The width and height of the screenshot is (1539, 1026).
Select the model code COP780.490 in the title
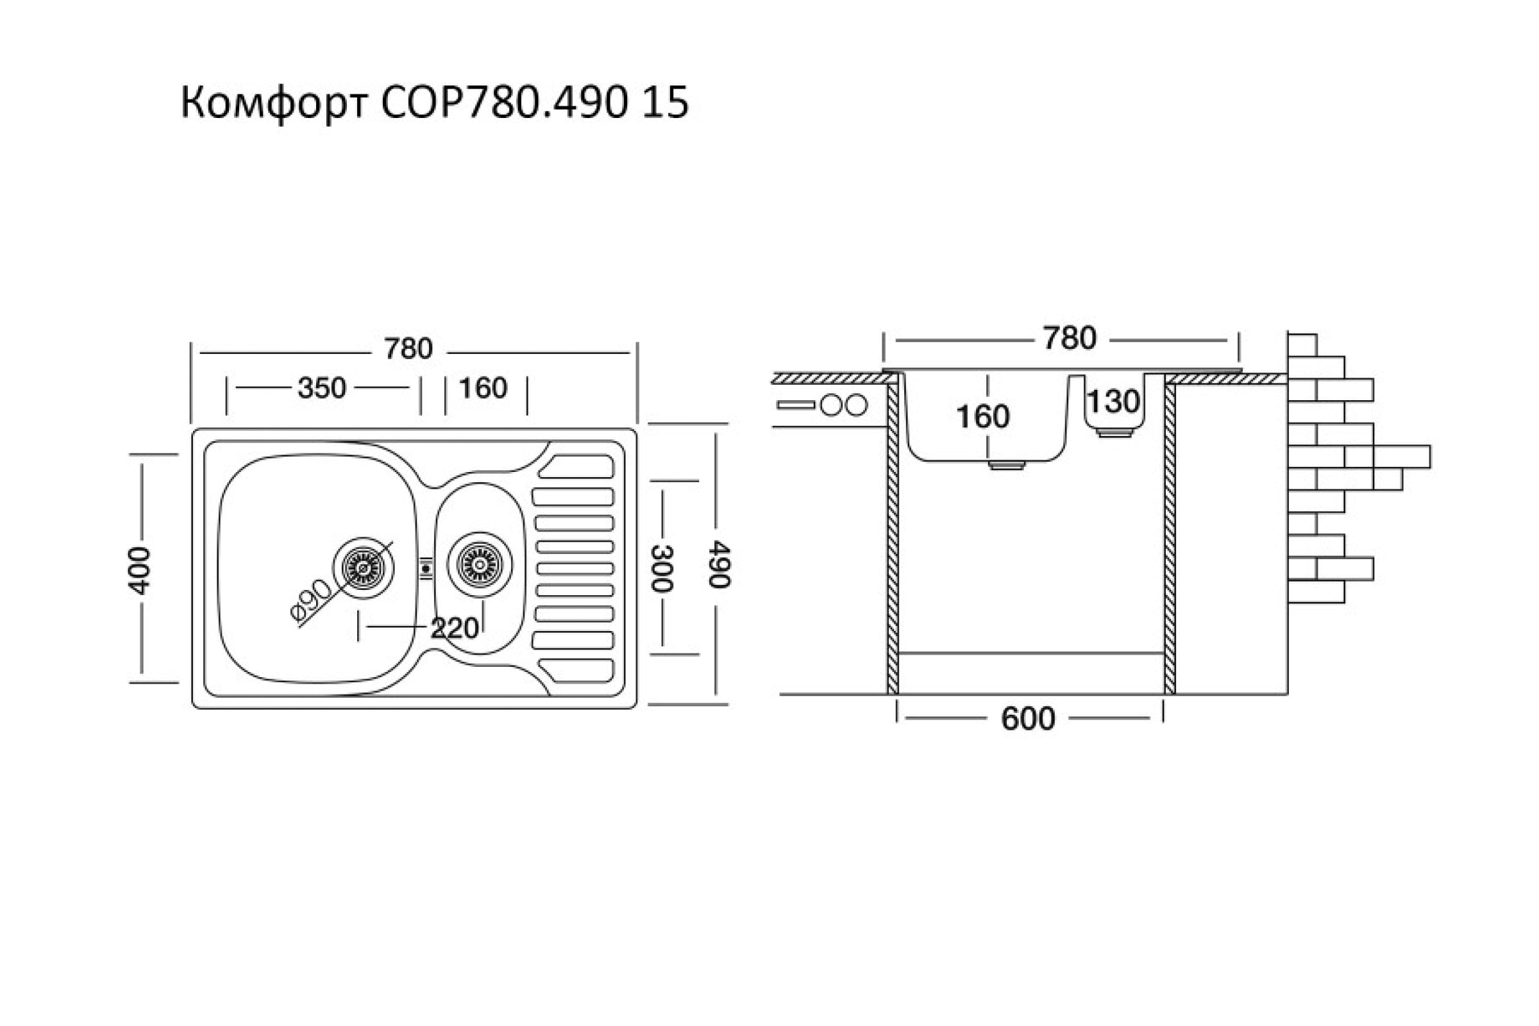[x=503, y=104]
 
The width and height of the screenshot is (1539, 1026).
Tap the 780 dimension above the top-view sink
[x=408, y=349]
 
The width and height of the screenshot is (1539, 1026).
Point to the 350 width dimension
[x=321, y=389]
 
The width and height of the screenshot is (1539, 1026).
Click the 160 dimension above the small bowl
[x=483, y=389]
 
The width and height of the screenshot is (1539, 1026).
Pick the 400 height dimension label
[x=139, y=570]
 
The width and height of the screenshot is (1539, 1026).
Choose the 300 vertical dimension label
[x=662, y=568]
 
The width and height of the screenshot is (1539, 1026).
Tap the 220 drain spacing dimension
[x=454, y=629]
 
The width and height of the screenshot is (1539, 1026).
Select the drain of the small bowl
[x=480, y=564]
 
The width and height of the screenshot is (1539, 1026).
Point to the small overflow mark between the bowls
[x=426, y=568]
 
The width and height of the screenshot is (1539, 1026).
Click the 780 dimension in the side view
[x=1069, y=339]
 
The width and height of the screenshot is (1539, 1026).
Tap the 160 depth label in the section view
[x=982, y=417]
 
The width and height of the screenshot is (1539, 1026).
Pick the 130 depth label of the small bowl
[x=1113, y=401]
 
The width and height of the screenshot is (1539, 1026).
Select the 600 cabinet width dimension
[x=1028, y=719]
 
